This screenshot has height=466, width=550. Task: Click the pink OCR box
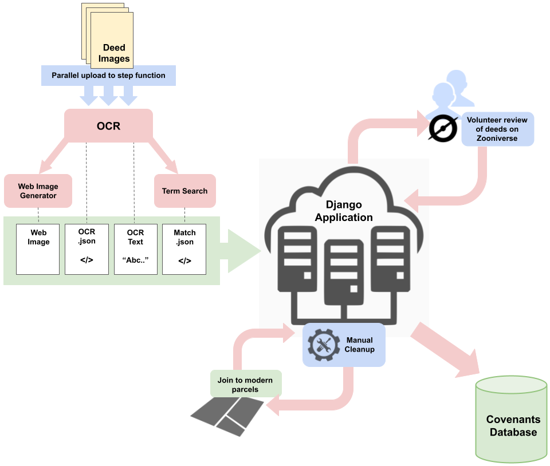pos(108,126)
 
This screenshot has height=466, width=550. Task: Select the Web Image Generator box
pos(38,191)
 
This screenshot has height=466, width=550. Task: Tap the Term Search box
pos(184,191)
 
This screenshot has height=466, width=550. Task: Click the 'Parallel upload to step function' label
pos(108,75)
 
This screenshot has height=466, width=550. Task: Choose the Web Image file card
pos(38,248)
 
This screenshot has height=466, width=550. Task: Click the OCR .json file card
pos(87,248)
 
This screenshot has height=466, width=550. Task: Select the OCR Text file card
pos(135,248)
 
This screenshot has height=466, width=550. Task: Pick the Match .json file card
pos(184,248)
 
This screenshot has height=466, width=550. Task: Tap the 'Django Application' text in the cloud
pos(344,211)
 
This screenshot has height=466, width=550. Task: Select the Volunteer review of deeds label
pos(497,129)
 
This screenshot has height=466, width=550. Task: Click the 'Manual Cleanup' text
pos(360,345)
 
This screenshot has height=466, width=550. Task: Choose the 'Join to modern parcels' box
pos(245,385)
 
